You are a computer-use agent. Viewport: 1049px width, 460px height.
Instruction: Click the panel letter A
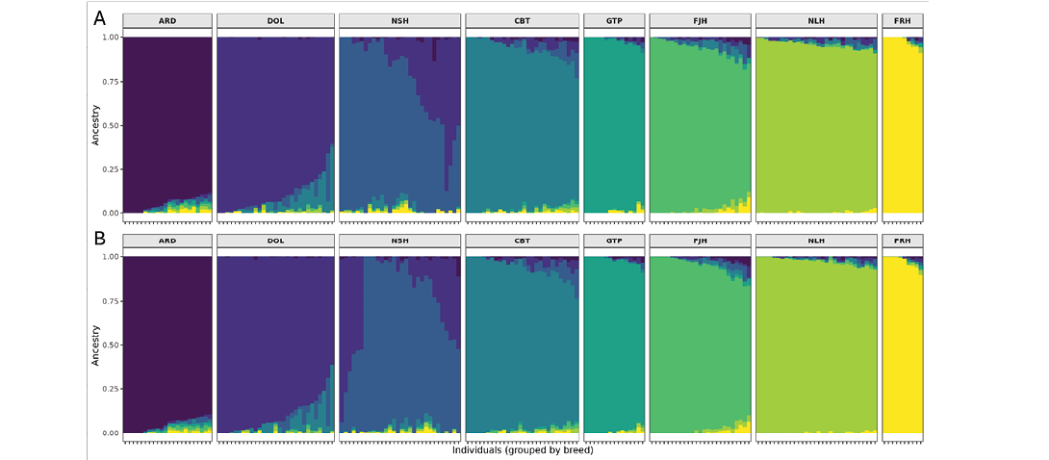pyautogui.click(x=99, y=17)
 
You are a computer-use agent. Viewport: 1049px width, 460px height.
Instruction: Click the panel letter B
pyautogui.click(x=99, y=237)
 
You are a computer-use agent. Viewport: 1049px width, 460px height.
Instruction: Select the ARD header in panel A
pyautogui.click(x=167, y=20)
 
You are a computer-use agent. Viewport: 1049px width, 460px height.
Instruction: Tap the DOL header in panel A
pyautogui.click(x=275, y=20)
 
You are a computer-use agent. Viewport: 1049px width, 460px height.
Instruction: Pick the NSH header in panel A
pyautogui.click(x=398, y=20)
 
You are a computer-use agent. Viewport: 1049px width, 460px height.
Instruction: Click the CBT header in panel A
pyautogui.click(x=522, y=20)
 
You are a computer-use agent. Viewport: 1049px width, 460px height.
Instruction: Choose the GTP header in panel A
pyautogui.click(x=613, y=20)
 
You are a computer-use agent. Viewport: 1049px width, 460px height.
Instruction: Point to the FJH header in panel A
pyautogui.click(x=700, y=20)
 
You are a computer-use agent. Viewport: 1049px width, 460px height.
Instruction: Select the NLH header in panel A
pyautogui.click(x=816, y=20)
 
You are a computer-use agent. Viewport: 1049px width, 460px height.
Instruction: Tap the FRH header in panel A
pyautogui.click(x=903, y=20)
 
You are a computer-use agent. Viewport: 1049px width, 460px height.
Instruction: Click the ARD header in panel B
pyautogui.click(x=167, y=241)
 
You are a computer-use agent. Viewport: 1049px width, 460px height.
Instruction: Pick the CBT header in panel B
pyautogui.click(x=522, y=241)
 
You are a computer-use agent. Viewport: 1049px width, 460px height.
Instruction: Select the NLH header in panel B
pyautogui.click(x=816, y=241)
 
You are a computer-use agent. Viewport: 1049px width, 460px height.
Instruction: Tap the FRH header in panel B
pyautogui.click(x=903, y=241)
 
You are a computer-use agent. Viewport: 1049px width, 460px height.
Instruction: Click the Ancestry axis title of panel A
pyautogui.click(x=95, y=125)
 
